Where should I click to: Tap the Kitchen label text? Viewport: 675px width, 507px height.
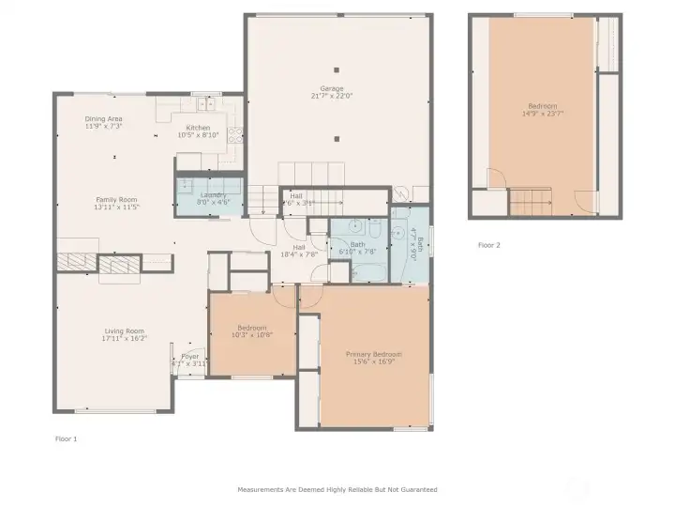click(198, 128)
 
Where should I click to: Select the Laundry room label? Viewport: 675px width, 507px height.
click(213, 194)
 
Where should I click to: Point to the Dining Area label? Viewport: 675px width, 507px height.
click(103, 118)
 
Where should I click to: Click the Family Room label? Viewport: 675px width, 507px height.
click(115, 199)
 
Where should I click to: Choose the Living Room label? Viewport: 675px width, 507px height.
click(124, 330)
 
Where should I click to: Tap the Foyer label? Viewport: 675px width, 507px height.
click(190, 356)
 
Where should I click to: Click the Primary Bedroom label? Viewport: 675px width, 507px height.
click(374, 354)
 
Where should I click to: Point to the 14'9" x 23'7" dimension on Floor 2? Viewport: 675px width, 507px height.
click(543, 114)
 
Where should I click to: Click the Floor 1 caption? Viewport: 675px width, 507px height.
click(66, 438)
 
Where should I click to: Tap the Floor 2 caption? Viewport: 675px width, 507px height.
click(489, 245)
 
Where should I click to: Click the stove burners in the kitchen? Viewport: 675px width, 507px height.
click(235, 134)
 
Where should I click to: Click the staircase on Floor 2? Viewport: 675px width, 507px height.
click(531, 201)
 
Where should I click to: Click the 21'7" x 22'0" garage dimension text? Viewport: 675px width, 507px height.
click(337, 96)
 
